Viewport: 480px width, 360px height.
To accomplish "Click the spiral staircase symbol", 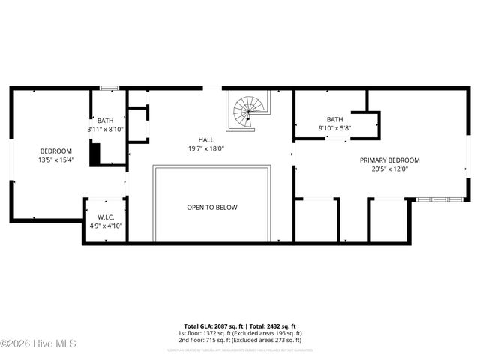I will coord(245,113).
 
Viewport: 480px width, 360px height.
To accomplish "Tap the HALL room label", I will coord(205,140).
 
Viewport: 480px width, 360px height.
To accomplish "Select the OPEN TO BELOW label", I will coord(212,207).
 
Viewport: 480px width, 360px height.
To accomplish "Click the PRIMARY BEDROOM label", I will coord(389,160).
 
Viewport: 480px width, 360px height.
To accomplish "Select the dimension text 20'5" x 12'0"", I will coord(389,169).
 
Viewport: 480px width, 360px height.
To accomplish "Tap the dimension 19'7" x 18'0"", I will coord(205,149).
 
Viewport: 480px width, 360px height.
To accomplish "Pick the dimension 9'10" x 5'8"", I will coord(334,128).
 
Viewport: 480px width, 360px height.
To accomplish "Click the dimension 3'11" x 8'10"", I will coord(105,129).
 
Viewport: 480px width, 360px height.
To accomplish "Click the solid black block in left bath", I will coord(95,154).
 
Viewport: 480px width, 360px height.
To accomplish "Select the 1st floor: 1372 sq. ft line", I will coord(239,332).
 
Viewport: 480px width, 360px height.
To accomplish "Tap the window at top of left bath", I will coord(109,88).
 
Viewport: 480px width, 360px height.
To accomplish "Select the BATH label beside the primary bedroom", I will coord(334,119).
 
